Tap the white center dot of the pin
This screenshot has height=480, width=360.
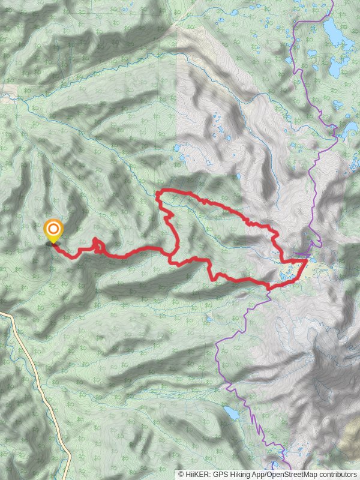click(x=53, y=229)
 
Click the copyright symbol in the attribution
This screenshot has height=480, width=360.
click(x=181, y=474)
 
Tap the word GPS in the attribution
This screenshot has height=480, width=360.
click(x=220, y=474)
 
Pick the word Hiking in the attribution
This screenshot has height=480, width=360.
click(x=240, y=474)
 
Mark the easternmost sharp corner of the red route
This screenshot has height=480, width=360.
click(x=307, y=260)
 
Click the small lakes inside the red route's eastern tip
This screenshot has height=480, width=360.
click(x=287, y=275)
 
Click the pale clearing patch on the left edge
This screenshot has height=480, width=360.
click(x=7, y=91)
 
